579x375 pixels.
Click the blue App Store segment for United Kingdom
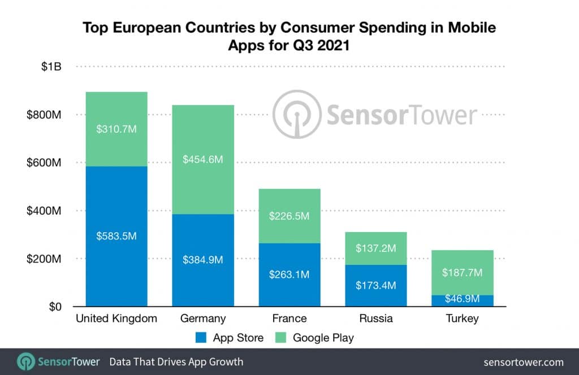116,260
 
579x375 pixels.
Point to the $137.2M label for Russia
376,248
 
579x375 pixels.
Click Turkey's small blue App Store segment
463,300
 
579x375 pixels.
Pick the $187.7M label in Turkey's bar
463,273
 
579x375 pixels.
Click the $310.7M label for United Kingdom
116,129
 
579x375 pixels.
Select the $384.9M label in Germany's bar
203,260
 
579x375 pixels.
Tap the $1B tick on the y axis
51,67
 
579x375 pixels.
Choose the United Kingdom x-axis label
116,319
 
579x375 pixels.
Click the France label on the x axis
289,319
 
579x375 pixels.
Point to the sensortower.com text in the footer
524,362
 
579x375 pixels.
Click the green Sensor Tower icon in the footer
26,361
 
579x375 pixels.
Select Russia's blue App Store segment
376,285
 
